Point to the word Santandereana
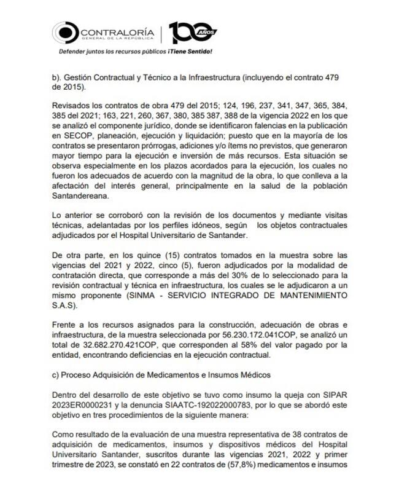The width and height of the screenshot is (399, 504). tap(81, 197)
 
